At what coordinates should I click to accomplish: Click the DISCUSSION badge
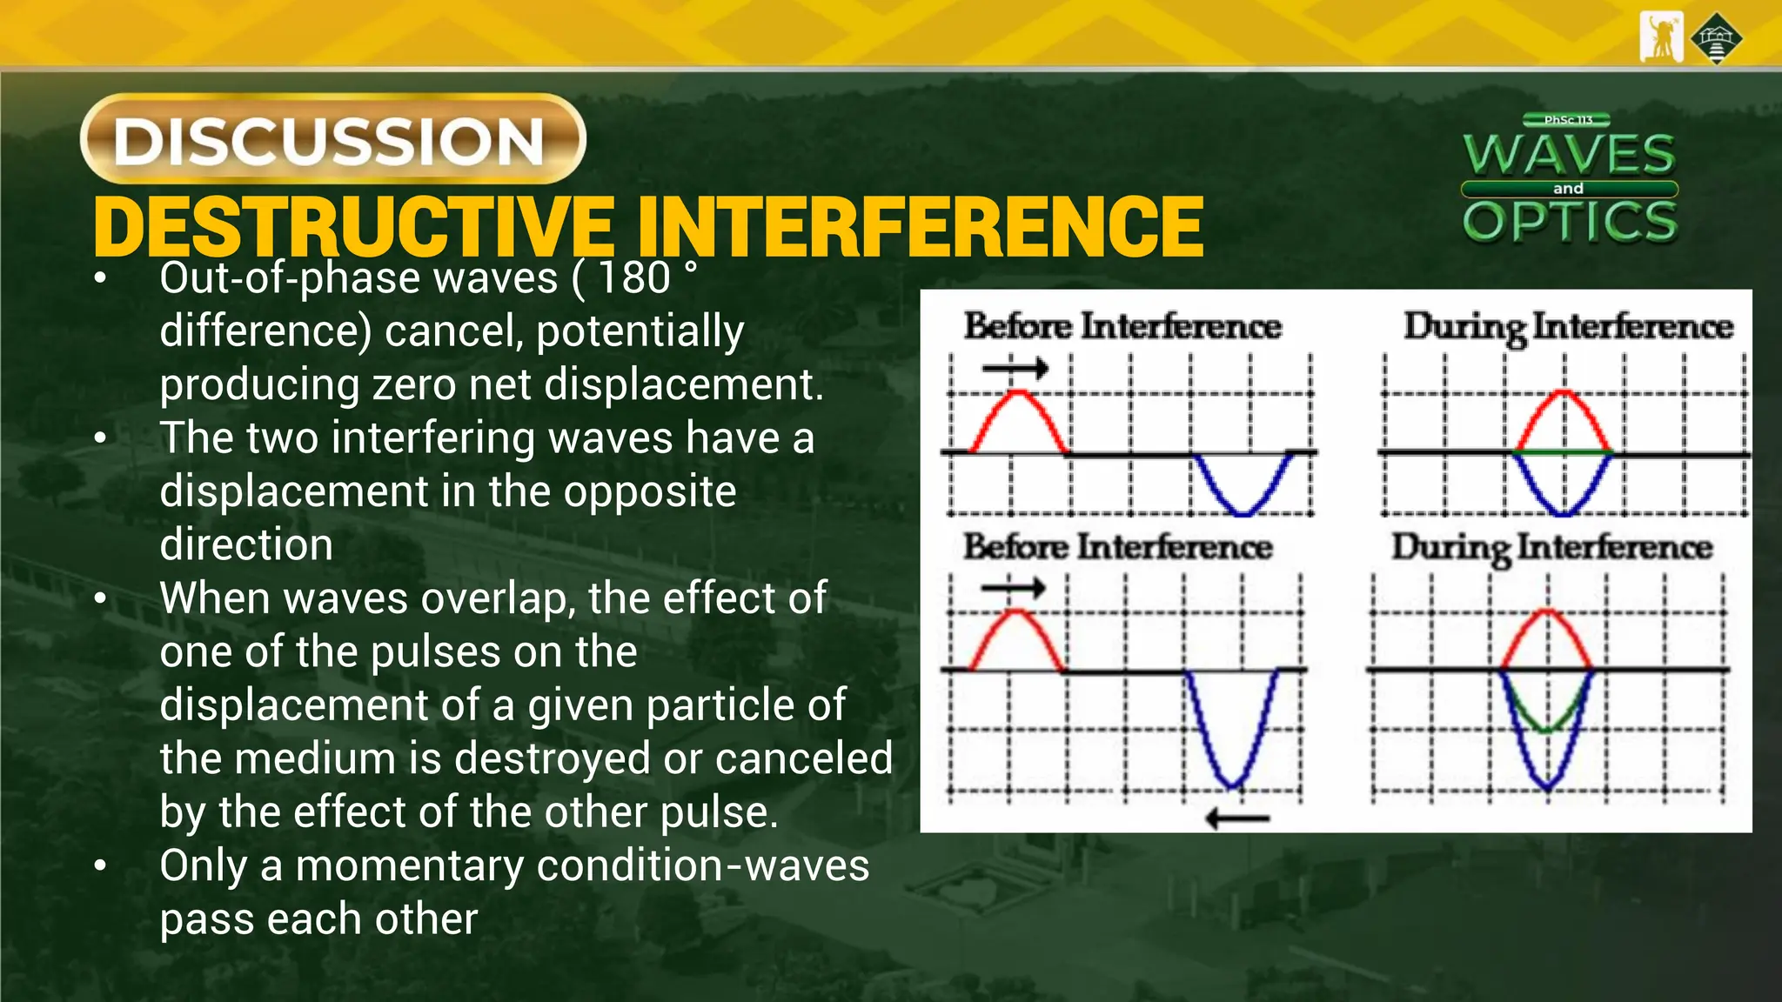click(332, 139)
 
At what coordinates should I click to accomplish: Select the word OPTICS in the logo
click(1570, 221)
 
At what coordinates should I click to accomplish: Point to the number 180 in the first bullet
click(634, 278)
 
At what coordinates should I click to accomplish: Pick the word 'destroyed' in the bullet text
click(552, 758)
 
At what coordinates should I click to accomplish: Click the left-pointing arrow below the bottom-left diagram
click(1237, 818)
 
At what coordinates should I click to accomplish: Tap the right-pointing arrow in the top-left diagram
click(1015, 368)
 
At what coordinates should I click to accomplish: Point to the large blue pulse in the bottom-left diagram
click(1231, 739)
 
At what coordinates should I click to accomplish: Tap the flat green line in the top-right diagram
click(1564, 452)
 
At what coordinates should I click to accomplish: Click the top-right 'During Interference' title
click(1568, 327)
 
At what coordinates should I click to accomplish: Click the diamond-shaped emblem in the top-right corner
click(1716, 37)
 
